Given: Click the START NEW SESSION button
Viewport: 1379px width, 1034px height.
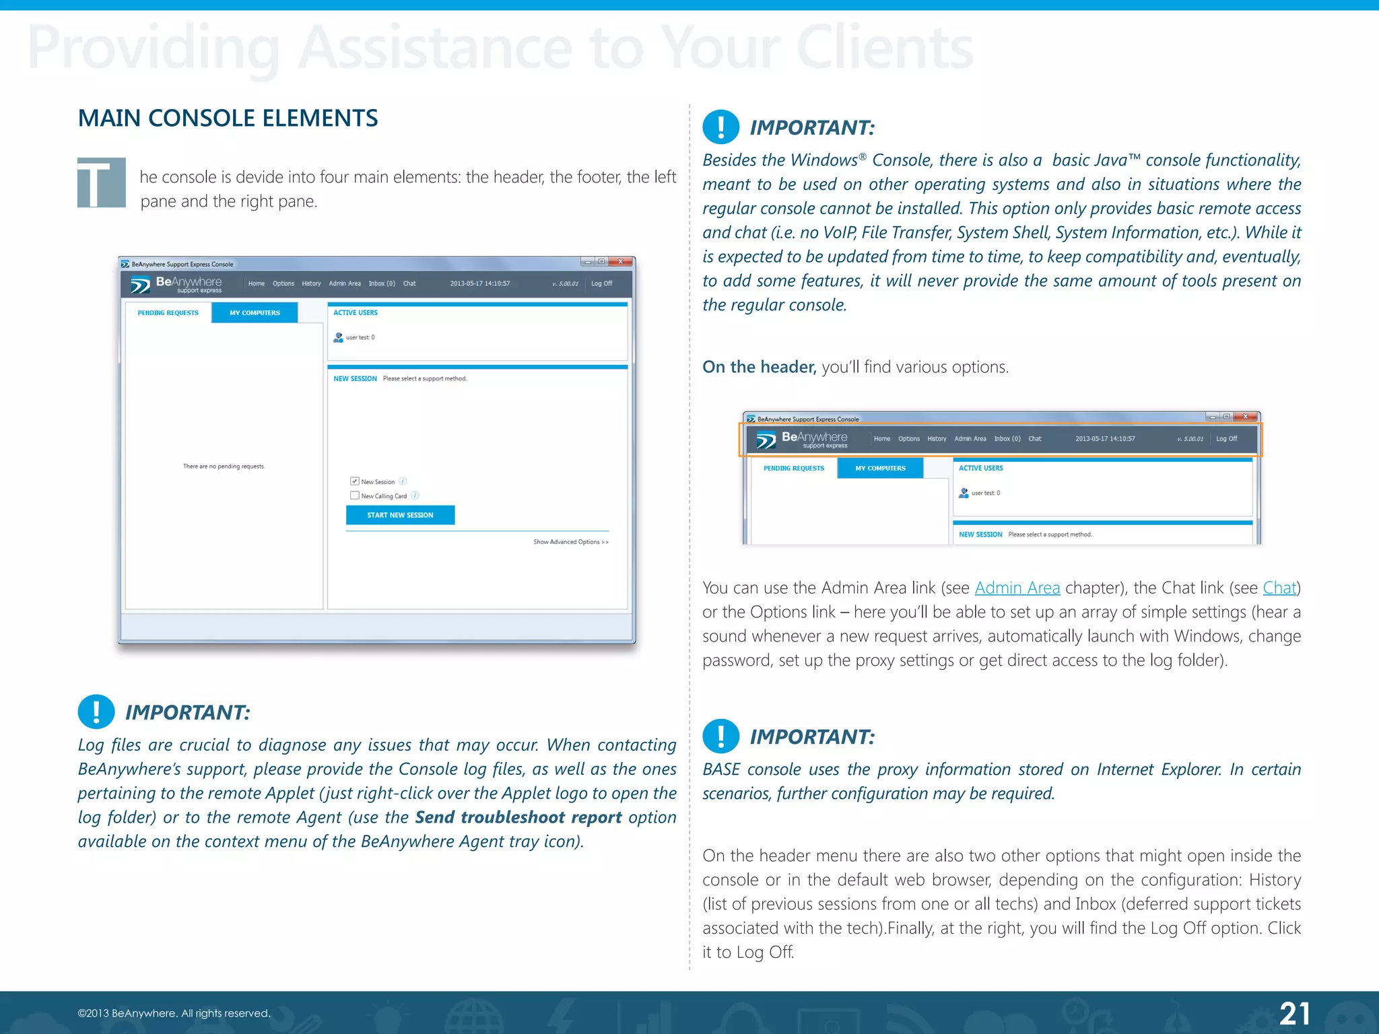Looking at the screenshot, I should pos(400,515).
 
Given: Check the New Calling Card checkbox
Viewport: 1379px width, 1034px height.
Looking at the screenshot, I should pos(355,495).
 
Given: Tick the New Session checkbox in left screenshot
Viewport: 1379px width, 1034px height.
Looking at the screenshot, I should pos(355,481).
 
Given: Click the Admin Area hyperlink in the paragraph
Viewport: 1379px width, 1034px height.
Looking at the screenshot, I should pos(1017,588).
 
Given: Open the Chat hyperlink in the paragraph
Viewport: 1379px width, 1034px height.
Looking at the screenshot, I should pos(1279,588).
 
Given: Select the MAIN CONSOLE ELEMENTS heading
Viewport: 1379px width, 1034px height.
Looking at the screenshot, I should pos(228,118).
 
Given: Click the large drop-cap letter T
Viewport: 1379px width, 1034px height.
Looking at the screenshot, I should pos(101,182).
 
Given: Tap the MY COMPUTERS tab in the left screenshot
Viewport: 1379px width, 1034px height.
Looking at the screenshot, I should pos(255,313).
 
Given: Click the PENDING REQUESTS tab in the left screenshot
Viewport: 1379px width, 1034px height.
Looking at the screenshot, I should pos(168,313).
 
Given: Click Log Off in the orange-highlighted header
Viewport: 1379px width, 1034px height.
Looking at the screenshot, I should pos(1226,439).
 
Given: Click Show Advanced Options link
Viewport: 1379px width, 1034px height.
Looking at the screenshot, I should pos(570,542).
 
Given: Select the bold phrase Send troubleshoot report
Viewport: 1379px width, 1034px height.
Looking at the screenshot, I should pos(518,817).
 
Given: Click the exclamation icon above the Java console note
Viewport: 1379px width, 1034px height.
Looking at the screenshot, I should pos(720,127).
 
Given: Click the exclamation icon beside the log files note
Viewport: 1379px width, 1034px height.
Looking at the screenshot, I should pos(96,712).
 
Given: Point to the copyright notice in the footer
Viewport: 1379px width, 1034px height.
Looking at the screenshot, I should pos(174,1013).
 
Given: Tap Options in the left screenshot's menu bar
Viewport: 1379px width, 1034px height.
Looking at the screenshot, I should pos(283,283).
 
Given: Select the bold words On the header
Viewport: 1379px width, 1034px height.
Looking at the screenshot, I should pos(759,367).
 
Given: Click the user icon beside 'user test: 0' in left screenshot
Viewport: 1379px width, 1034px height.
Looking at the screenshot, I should pos(338,337).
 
